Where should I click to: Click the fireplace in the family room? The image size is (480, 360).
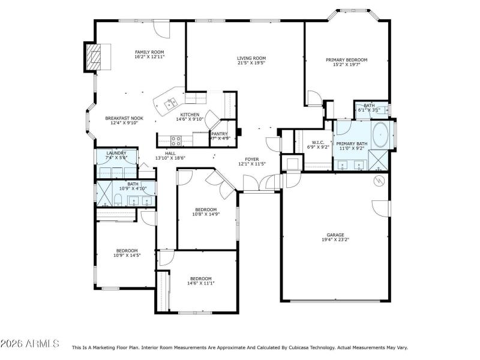coord(92,57)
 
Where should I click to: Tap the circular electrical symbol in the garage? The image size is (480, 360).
coord(379,180)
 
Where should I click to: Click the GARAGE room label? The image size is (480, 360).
coord(335,235)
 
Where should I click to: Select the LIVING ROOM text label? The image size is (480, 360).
coord(251,58)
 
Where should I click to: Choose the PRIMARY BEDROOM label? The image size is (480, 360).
coord(346,60)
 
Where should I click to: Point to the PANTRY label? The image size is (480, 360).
coord(219,134)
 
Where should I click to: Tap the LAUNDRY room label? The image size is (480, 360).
coord(116,153)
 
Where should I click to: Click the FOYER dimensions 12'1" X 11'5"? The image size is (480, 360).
coord(251,164)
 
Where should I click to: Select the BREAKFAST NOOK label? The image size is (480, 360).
coord(124,118)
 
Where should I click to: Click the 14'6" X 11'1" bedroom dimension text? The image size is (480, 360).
coord(201,283)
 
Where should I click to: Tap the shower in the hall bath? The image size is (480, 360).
coord(104,196)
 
